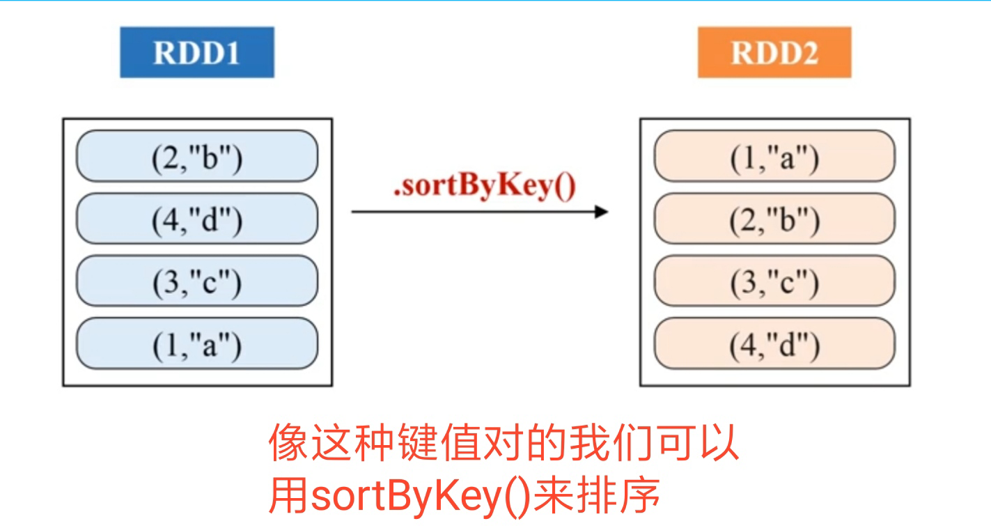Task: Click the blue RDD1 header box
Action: tap(196, 52)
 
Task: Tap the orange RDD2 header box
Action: tap(774, 52)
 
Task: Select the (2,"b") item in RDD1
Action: tap(196, 157)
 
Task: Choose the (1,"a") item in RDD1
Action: tap(196, 343)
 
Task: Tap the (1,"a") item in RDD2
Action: tap(774, 157)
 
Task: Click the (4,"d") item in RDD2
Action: tap(774, 343)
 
